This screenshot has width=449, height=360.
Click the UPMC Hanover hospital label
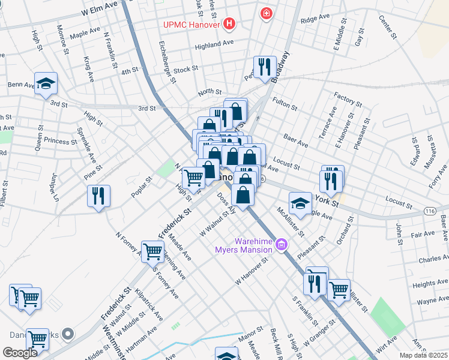(x=191, y=25)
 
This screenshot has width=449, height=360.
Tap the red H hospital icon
(x=229, y=25)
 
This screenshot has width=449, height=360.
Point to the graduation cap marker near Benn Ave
(x=45, y=83)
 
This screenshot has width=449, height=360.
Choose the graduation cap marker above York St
(x=300, y=203)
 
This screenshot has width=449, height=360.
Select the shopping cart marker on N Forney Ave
(x=153, y=251)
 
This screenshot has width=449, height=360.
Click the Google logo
(x=20, y=353)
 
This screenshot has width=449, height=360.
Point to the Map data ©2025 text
(x=424, y=354)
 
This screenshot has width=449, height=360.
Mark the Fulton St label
(x=285, y=103)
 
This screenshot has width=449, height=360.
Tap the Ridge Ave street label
(x=315, y=19)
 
